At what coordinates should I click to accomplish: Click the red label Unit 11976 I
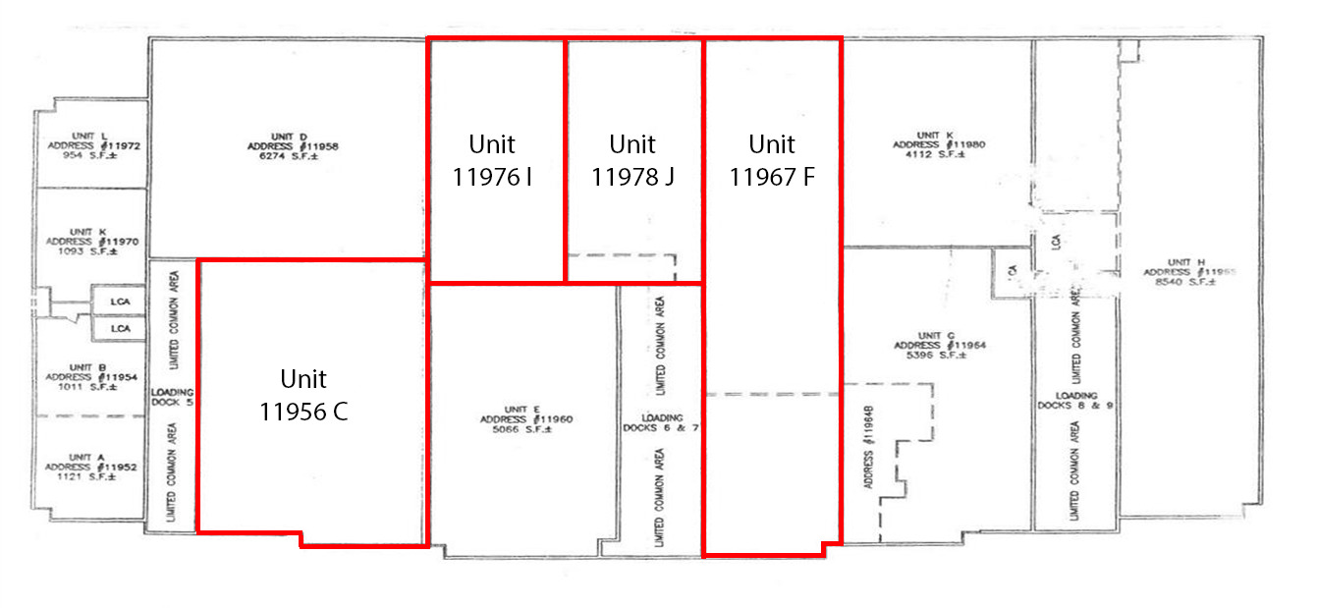(x=493, y=160)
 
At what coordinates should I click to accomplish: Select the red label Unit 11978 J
(x=632, y=160)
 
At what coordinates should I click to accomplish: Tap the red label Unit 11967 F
(x=772, y=160)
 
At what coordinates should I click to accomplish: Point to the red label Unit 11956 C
(x=303, y=395)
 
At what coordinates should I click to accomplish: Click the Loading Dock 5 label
(x=173, y=397)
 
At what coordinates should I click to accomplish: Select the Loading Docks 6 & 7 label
(x=660, y=422)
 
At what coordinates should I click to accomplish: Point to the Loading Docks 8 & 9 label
(x=1075, y=400)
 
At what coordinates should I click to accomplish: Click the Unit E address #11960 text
(x=534, y=419)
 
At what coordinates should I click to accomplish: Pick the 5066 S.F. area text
(x=534, y=429)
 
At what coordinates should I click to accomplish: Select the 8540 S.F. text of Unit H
(x=1187, y=281)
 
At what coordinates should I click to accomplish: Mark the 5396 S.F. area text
(x=928, y=356)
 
